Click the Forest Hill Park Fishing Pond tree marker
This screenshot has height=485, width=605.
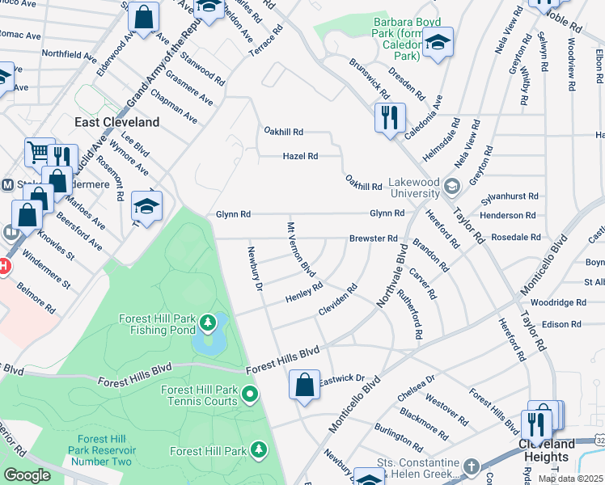coord(209,324)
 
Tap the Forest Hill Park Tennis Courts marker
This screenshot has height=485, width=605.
coord(250,395)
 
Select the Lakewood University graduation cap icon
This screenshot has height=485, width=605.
coord(451,188)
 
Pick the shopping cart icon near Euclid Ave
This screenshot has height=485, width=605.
coord(38,151)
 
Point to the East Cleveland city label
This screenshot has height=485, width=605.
coord(116,122)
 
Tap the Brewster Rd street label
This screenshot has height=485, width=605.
coord(373,238)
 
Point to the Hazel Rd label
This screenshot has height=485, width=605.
coord(300,156)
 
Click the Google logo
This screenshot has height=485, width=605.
coord(27,475)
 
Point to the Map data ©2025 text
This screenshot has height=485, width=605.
coord(570,479)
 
